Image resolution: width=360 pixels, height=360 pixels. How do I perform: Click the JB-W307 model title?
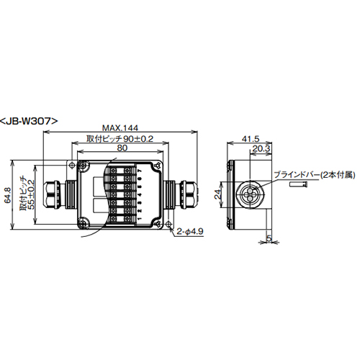[29, 121]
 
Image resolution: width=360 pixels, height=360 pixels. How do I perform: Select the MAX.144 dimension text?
[120, 128]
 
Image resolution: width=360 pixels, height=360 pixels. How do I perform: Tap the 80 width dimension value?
[122, 148]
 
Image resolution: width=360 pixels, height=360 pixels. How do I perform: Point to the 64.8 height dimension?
[8, 195]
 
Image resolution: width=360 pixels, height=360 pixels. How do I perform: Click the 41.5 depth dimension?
[250, 139]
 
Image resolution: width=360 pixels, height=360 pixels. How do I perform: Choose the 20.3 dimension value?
[261, 148]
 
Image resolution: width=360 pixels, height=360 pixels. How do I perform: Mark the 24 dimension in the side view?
[218, 194]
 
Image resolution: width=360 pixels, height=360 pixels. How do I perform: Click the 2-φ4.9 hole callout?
[190, 231]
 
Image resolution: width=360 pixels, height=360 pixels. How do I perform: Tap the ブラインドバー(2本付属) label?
[315, 175]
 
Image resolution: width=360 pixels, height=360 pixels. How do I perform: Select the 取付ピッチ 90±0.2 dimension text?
[120, 139]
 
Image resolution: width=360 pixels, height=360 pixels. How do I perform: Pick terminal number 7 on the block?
[140, 171]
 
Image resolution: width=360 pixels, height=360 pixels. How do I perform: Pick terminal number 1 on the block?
[140, 219]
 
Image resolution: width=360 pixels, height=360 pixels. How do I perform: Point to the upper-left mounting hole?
[71, 166]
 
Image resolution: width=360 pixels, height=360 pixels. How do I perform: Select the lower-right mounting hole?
[168, 224]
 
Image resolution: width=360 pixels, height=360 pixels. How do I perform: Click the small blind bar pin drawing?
[298, 184]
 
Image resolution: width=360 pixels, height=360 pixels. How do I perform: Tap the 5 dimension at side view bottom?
[269, 238]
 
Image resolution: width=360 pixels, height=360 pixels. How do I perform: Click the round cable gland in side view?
[250, 194]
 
